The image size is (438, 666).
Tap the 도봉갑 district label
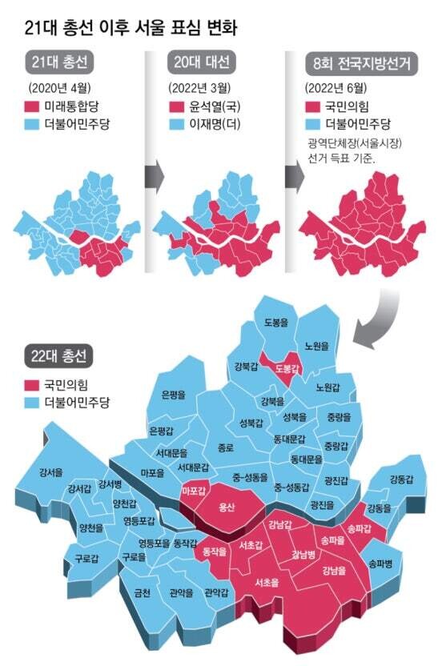pos(286,368)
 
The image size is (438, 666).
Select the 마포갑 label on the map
pos(194,490)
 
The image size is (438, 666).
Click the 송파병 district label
pos(381,564)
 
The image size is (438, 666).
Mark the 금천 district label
pos(143,593)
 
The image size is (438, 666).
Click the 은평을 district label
pos(173,394)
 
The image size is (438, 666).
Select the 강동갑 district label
pos(401,479)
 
